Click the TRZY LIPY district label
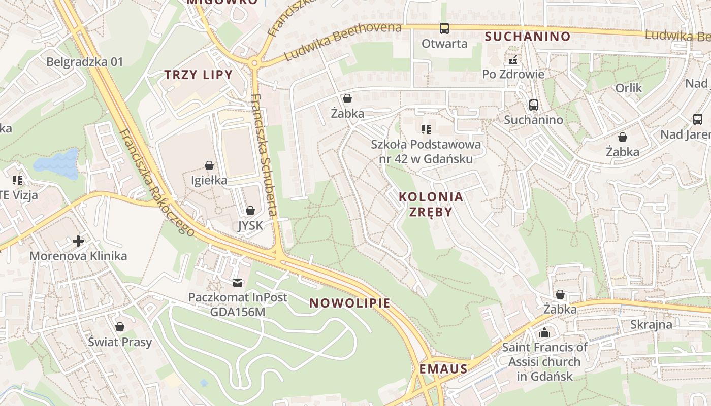click(198, 75)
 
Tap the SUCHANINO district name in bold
click(528, 37)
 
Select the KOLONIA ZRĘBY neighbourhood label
click(431, 204)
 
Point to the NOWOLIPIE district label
click(350, 303)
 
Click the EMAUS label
click(443, 369)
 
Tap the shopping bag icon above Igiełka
click(209, 165)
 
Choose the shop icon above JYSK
click(250, 211)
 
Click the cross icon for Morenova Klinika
click(78, 241)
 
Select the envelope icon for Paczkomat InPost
click(238, 283)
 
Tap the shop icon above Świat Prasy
click(120, 327)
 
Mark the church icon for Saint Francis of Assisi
click(544, 333)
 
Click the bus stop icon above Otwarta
click(444, 28)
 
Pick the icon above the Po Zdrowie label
click(513, 60)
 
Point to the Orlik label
click(629, 88)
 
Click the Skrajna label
click(651, 324)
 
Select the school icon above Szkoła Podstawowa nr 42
click(426, 129)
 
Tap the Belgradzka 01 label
click(85, 62)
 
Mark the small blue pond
click(57, 163)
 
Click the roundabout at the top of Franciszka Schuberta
click(254, 63)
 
